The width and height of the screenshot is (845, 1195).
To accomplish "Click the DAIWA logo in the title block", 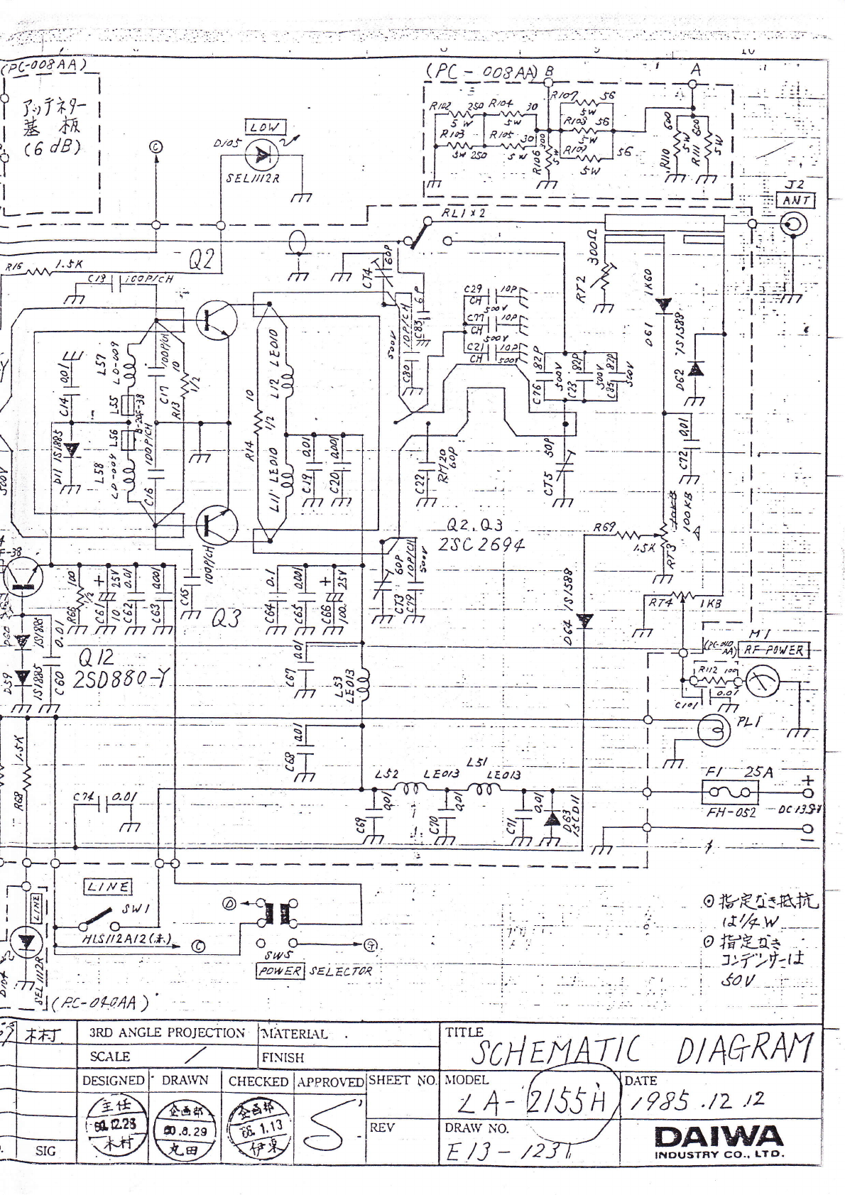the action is [x=719, y=1137].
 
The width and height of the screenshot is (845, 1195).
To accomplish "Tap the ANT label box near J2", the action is [x=797, y=200].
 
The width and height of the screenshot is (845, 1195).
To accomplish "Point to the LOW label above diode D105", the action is [x=263, y=127].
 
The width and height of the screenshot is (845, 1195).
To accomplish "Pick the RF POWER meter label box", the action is [x=772, y=650].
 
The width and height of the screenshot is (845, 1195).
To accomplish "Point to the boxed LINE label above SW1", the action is [x=108, y=885].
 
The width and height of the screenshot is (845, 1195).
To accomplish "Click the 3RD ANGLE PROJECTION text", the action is [x=167, y=1033].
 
